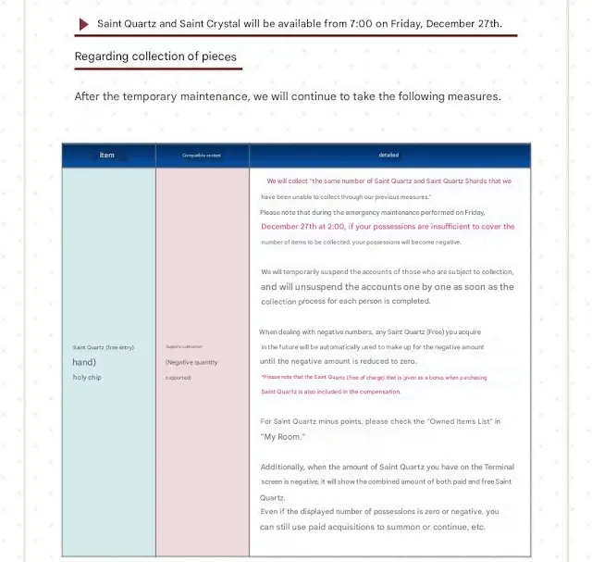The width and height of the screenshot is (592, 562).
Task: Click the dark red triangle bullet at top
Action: tap(85, 23)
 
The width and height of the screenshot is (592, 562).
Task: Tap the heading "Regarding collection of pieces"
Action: tap(155, 56)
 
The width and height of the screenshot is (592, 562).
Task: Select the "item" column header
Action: tap(107, 156)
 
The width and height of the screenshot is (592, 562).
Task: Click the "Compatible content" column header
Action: tap(202, 156)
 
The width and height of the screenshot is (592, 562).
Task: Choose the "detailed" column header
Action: tap(388, 156)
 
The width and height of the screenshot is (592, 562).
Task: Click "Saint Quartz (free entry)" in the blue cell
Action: tap(104, 347)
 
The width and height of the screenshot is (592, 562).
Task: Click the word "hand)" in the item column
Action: tap(84, 362)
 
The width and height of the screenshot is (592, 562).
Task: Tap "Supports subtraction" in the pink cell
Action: tap(184, 347)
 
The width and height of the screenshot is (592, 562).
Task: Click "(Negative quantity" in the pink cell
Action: tap(191, 362)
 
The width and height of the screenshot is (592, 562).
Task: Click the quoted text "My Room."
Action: tap(283, 436)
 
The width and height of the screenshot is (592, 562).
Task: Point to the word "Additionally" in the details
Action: tap(284, 467)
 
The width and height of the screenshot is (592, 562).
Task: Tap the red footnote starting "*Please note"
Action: tap(374, 378)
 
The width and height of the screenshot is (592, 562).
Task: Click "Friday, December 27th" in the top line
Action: tap(440, 23)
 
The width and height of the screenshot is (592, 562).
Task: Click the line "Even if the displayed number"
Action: tap(379, 512)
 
